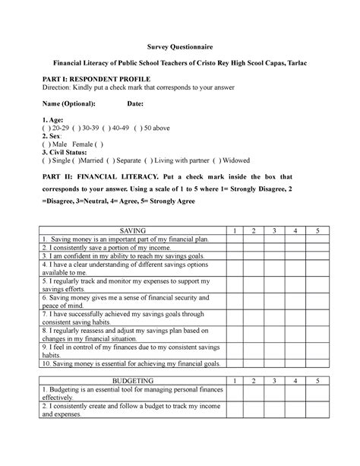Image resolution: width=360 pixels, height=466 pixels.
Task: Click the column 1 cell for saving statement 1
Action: (235, 239)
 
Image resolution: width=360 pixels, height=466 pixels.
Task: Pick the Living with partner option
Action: (177, 160)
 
